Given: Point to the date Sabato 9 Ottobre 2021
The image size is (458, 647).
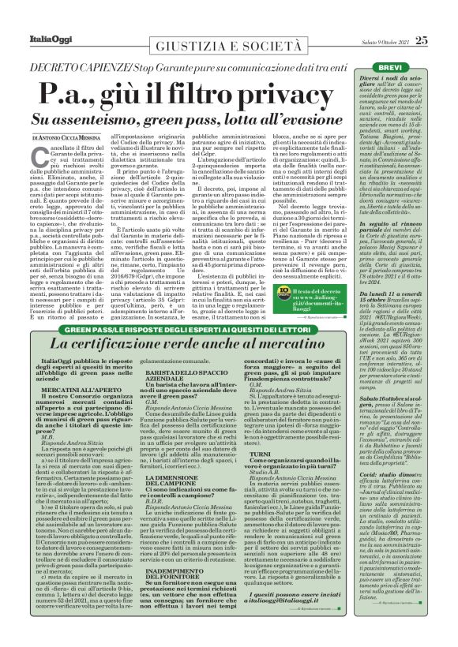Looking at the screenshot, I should [x=374, y=19].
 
